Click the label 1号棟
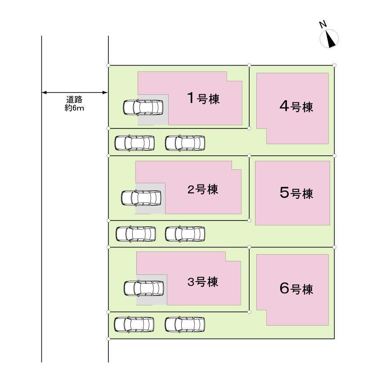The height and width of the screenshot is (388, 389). tap(203, 98)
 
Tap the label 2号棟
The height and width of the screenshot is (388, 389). tap(202, 190)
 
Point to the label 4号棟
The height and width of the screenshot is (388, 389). tap(296, 107)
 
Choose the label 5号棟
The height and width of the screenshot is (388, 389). tap(296, 194)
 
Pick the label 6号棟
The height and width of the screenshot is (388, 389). tap(296, 289)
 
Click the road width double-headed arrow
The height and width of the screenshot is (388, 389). tap(75, 93)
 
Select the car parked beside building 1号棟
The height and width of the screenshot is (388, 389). tap(143, 107)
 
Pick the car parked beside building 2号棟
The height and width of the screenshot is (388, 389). tap(141, 198)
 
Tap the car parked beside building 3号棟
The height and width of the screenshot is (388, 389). tap(144, 288)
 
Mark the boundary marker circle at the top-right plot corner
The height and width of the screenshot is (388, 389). tap(334, 66)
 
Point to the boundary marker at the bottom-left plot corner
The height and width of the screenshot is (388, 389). tap(108, 339)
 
